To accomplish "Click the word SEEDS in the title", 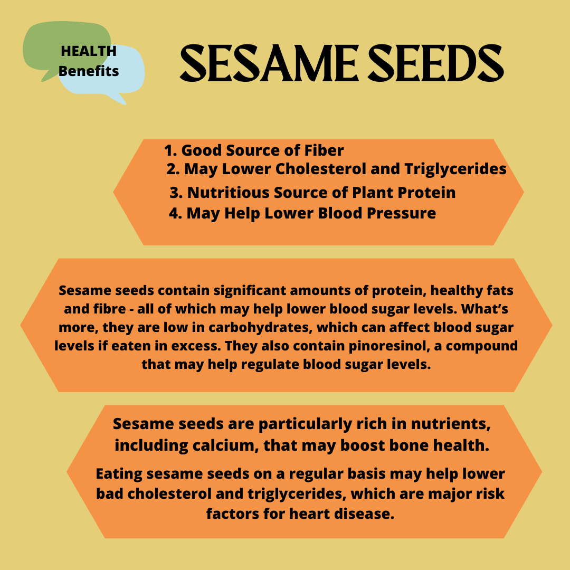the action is pos(436,63).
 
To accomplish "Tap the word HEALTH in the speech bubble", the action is pos(89,51).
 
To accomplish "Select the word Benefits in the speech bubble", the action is pos(89,71).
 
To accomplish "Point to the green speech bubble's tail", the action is pos(47,75).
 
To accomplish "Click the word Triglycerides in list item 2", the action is pos(455,169).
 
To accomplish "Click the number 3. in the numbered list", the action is pos(176,193).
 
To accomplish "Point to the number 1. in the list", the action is pos(170,150).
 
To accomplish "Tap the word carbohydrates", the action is pos(260,328).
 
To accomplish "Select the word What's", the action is pos(484,309).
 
